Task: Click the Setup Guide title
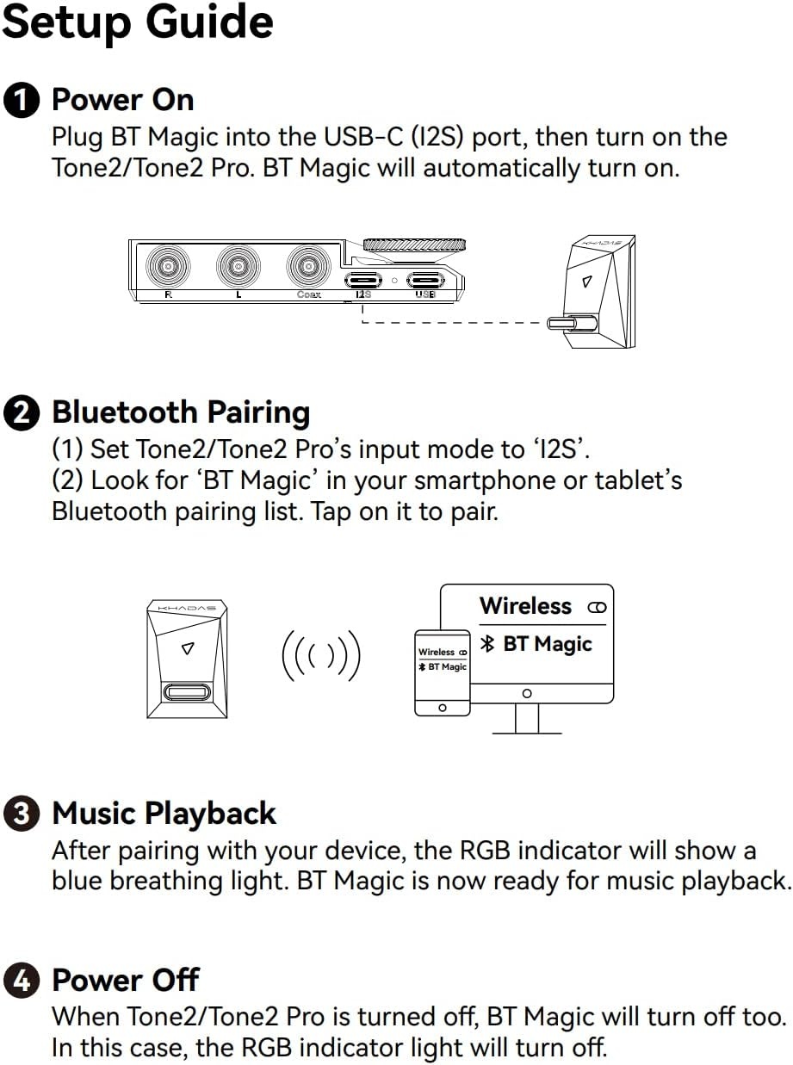pos(138,23)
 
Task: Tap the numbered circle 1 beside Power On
pos(22,101)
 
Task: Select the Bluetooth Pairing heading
pos(181,412)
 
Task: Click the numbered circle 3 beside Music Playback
pos(22,814)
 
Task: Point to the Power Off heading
pos(126,980)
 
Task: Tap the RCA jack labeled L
pos(238,268)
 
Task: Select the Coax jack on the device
pos(308,268)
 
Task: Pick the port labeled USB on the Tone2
pos(425,280)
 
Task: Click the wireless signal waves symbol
pos(320,657)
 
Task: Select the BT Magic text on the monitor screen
pos(547,644)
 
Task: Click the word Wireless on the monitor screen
pos(525,606)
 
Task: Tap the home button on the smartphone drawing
pos(443,707)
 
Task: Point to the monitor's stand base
pos(526,732)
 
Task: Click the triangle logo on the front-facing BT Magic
pos(187,649)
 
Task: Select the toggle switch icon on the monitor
pos(597,608)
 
